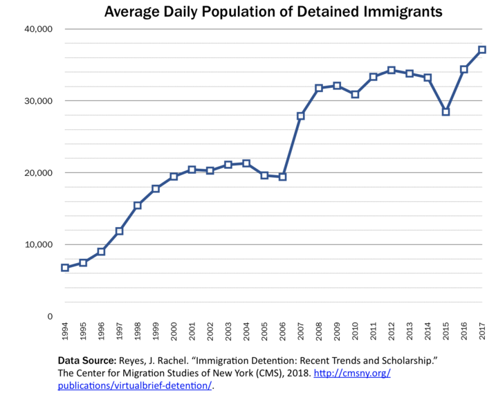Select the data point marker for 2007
tap(301, 116)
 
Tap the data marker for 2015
tap(446, 111)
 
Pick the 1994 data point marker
tap(64, 268)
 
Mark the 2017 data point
tap(482, 50)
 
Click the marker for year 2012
tap(392, 70)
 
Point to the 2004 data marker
tap(246, 163)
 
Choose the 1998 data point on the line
tap(138, 205)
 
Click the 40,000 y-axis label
tap(39, 29)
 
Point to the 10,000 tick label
tap(39, 244)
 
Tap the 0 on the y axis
tap(50, 316)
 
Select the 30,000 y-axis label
tap(39, 101)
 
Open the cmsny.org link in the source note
tap(352, 374)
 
